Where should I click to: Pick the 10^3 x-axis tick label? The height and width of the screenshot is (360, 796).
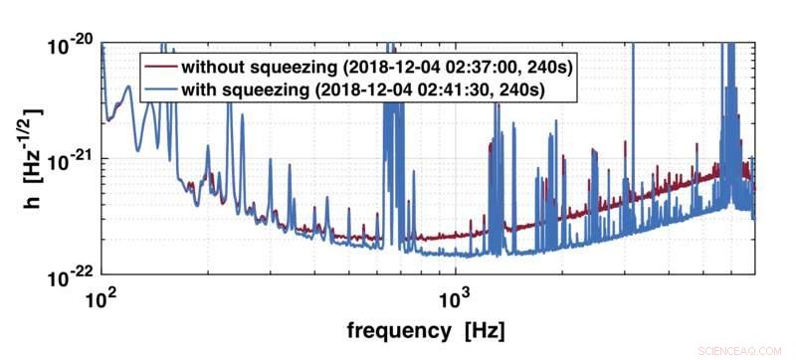pos(455,295)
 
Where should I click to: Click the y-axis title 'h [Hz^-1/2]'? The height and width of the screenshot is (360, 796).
pos(21,159)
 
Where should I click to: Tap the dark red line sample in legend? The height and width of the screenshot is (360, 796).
pos(161,68)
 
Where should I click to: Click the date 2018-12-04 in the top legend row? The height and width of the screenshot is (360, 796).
pos(382,68)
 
